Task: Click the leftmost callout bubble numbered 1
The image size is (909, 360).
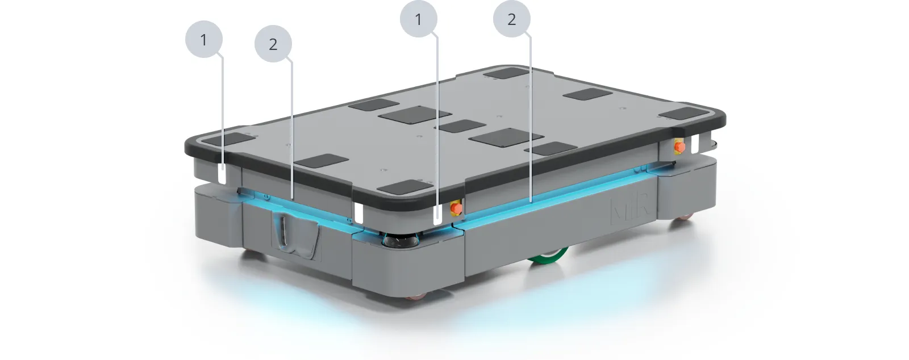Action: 204,39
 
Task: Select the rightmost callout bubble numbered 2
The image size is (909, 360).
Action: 512,19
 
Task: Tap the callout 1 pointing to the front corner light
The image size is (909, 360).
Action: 418,19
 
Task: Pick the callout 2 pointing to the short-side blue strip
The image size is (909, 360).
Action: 273,44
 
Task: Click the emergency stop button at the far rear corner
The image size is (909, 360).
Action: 679,146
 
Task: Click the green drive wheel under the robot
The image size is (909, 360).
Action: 548,257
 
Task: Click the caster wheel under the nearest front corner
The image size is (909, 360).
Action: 415,298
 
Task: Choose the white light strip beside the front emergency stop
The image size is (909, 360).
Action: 437,215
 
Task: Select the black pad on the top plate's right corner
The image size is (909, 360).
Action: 683,113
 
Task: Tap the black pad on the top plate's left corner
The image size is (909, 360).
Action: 228,139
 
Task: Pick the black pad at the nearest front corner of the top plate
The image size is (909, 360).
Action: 407,187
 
